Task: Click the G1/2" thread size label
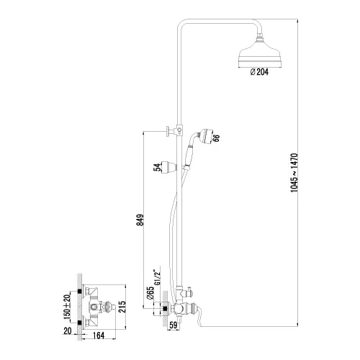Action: (156, 277)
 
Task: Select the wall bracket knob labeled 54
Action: (170, 166)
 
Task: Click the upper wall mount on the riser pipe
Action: (171, 130)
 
